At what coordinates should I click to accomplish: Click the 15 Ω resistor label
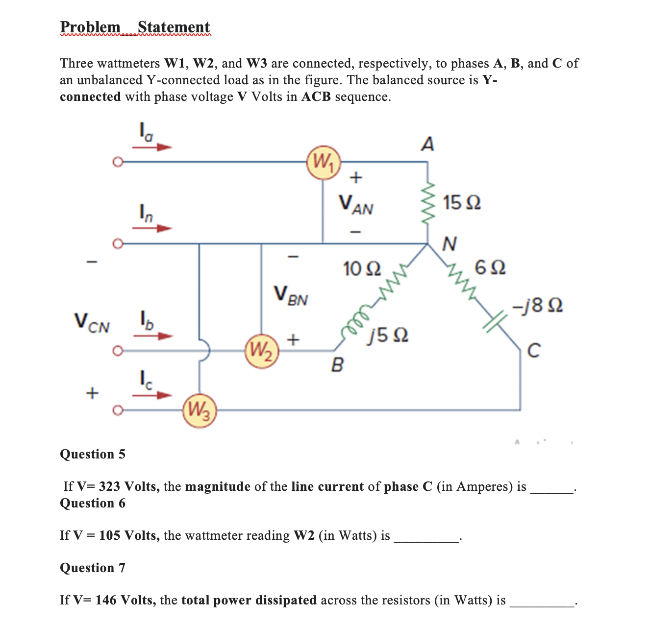462,202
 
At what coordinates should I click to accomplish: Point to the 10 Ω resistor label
362,269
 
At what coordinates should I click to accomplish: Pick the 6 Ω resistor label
491,268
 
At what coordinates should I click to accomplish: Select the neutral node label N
449,243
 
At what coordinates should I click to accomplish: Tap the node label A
427,144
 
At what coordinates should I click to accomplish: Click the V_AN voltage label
356,204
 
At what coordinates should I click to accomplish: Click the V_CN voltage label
92,323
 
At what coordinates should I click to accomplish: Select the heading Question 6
93,503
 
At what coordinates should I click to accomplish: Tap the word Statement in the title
174,27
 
